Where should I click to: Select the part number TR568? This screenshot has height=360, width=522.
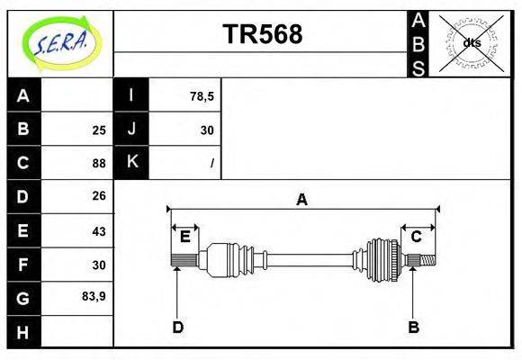point(262,34)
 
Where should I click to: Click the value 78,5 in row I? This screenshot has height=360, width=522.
point(202,96)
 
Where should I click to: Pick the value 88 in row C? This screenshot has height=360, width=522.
point(99,164)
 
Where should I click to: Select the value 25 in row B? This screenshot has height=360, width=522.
point(99,130)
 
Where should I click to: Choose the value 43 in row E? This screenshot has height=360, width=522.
point(99,231)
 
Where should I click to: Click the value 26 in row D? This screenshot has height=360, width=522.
point(99,195)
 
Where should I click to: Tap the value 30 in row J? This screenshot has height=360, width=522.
point(206,130)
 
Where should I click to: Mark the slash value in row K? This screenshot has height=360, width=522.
point(211,164)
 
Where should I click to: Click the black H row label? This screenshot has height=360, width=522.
point(23,333)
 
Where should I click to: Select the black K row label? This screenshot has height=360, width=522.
point(131,163)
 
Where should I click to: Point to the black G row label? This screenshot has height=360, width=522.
point(23,298)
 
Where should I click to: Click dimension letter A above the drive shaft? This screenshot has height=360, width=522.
point(302,200)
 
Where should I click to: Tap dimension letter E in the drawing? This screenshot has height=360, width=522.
point(184,237)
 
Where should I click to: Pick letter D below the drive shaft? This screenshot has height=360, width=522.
point(178,328)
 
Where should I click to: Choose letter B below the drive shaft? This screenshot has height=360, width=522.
point(414,328)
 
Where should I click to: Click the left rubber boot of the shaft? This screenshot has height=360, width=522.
point(236,257)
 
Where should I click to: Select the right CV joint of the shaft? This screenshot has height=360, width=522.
point(382,257)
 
